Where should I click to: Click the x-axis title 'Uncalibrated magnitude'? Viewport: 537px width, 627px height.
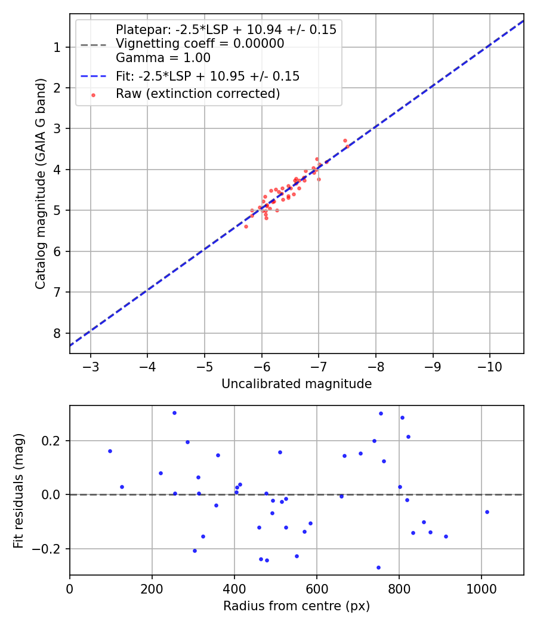pos(297,384)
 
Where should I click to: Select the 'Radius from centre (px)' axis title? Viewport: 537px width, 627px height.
pos(297,606)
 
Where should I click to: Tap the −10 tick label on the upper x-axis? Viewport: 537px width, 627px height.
pos(489,366)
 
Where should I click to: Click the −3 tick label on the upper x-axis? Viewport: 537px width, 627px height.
pos(91,366)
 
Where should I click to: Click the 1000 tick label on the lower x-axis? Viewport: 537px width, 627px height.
pos(481,588)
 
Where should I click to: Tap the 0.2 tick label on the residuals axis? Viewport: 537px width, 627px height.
pos(52,441)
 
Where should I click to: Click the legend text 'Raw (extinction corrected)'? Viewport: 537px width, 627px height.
pos(198,94)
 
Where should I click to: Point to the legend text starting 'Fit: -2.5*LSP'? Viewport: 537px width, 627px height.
pos(208,76)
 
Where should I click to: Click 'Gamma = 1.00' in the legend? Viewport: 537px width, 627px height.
pos(163,58)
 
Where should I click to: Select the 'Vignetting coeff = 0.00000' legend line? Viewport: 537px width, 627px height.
pos(200,44)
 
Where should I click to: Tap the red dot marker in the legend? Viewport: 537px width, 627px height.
pos(93,94)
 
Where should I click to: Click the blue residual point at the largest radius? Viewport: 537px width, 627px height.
pos(487,512)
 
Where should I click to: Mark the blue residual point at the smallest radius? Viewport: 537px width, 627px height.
pos(110,451)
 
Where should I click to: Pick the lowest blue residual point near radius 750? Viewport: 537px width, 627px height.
pos(378,567)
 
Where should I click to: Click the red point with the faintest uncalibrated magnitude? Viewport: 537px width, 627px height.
pos(246,226)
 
